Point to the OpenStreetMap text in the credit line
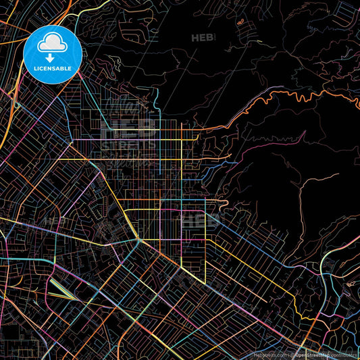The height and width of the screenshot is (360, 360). pos(312,354)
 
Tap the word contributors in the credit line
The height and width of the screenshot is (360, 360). pos(342,354)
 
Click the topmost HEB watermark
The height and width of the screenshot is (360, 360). pos(203,38)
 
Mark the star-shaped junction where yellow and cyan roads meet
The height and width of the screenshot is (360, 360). pos(138,240)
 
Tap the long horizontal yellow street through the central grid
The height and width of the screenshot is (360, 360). pos(135,139)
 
